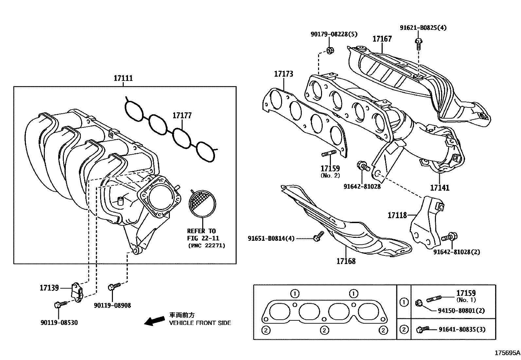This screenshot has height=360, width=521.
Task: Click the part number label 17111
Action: [123, 78]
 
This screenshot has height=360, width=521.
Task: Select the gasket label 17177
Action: [182, 116]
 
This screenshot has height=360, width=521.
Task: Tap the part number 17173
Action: [283, 74]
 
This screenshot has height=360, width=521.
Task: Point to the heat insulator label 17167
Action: [382, 39]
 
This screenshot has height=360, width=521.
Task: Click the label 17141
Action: [440, 188]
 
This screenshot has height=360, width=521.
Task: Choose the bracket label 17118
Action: [397, 215]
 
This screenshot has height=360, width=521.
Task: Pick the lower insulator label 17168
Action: [346, 261]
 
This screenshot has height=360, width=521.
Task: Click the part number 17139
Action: [49, 288]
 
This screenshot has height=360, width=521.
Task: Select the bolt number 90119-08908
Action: [112, 305]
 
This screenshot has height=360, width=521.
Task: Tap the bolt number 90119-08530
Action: [59, 323]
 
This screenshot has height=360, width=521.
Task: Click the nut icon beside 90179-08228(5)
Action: [330, 50]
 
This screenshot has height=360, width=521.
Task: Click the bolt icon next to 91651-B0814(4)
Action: [318, 237]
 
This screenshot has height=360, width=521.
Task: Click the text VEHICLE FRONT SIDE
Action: [200, 323]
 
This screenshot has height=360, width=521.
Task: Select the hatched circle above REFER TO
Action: [202, 204]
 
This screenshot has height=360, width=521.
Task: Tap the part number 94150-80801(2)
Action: [461, 310]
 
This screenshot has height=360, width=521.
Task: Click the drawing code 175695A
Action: [507, 353]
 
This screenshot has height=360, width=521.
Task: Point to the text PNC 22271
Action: [207, 245]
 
